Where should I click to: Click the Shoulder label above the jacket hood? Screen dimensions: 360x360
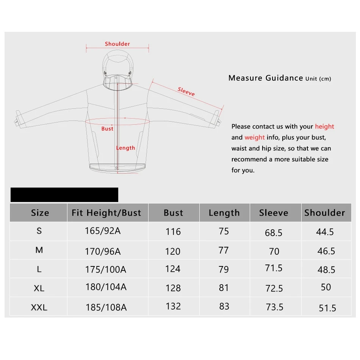click(117, 44)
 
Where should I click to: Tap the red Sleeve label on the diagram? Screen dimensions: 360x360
click(186, 91)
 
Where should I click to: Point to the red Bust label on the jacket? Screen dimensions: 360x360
click(107, 129)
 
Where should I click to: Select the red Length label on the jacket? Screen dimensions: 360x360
click(125, 148)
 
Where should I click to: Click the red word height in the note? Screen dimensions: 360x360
click(324, 127)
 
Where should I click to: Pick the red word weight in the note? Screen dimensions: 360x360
click(254, 137)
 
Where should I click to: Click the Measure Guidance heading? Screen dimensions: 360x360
click(266, 78)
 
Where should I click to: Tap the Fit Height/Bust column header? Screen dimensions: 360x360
click(106, 213)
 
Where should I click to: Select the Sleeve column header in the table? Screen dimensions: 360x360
click(274, 213)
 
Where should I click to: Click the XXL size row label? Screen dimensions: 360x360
click(39, 307)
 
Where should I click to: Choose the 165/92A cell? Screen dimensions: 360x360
click(103, 230)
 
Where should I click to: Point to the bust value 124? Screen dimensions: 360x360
click(173, 269)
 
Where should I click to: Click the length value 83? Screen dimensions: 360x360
click(224, 306)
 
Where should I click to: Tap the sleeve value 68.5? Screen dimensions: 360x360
click(274, 233)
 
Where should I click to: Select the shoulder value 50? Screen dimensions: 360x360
click(326, 287)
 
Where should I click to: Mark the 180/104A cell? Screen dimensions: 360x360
click(106, 287)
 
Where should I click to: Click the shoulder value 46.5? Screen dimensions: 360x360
click(326, 251)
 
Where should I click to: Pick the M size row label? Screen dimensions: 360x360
click(39, 250)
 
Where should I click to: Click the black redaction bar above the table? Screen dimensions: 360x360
click(64, 195)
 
